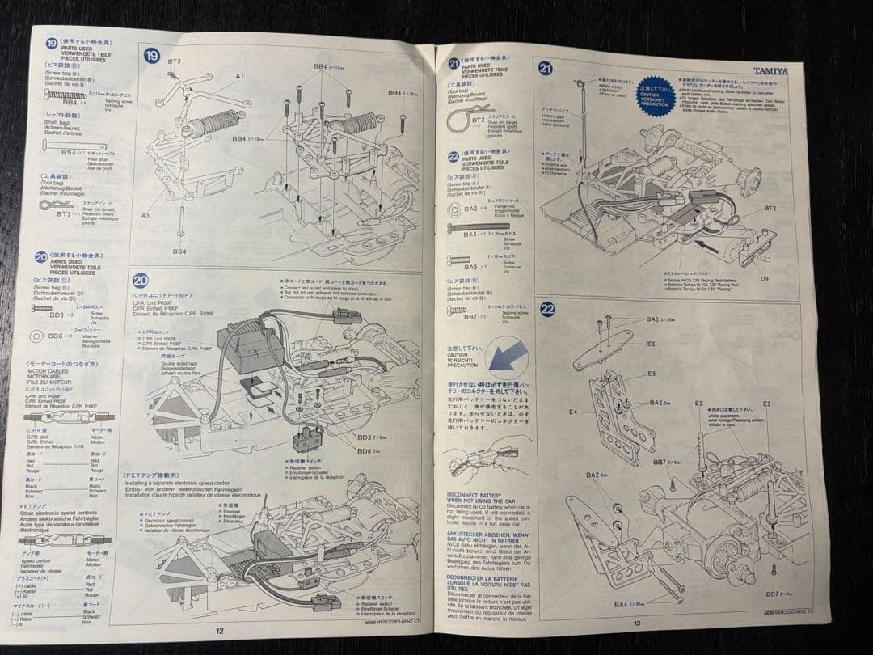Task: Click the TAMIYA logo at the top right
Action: coord(770,70)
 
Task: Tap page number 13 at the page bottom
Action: coord(636,623)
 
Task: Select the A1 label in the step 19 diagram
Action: coord(239,75)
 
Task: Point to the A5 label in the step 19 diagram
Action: coord(145,216)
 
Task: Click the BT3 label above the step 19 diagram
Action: coord(175,61)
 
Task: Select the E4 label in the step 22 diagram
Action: coord(572,412)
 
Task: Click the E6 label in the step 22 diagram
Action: coord(652,344)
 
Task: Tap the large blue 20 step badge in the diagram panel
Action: coord(141,281)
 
